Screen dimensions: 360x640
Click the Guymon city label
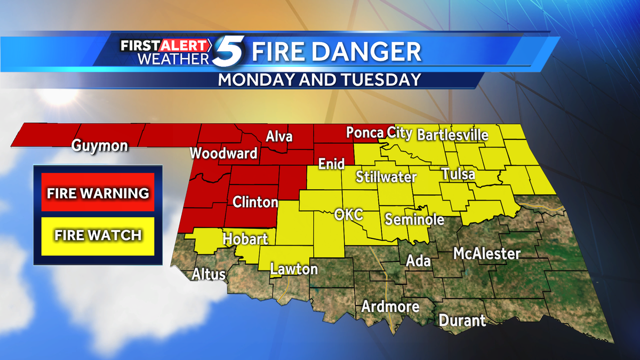point(100,146)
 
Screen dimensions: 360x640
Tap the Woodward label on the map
point(224,154)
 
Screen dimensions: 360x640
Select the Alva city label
point(279,137)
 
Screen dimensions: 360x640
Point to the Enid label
point(331,164)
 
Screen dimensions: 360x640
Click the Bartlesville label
point(453,134)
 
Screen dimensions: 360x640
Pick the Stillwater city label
point(386,176)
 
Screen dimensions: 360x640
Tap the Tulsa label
point(458,174)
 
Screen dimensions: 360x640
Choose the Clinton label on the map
point(255,202)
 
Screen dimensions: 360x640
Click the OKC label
point(348,215)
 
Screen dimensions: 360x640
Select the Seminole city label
point(414,219)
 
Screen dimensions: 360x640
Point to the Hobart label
point(245,238)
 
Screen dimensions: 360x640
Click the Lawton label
point(294,269)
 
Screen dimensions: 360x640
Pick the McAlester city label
point(486,253)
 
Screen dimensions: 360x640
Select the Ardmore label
point(390,307)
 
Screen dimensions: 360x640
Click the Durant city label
point(462,320)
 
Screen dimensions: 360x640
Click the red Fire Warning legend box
point(98,193)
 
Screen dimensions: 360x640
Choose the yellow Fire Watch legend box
point(98,235)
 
